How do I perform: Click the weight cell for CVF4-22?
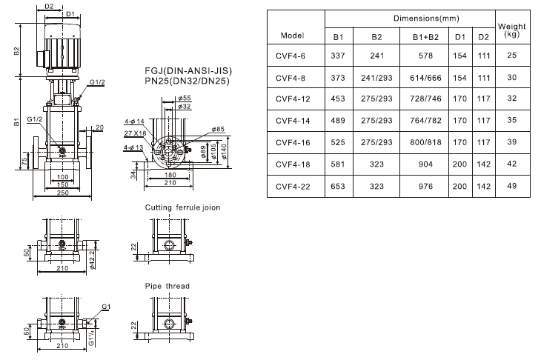511,186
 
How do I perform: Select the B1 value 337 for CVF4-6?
338,56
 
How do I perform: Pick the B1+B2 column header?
425,37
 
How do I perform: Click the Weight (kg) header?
511,30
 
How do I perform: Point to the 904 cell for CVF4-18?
425,164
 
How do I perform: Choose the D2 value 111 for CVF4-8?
484,78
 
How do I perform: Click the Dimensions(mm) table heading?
426,19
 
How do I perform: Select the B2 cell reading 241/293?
376,78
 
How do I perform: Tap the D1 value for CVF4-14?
459,121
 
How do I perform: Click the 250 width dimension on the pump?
62,193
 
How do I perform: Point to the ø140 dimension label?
224,151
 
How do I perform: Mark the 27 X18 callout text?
135,133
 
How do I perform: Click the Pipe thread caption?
167,286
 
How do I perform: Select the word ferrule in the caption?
187,207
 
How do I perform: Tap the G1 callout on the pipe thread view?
106,307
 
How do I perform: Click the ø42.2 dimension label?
92,260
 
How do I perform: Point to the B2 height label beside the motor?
16,51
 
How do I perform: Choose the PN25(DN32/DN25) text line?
187,81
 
